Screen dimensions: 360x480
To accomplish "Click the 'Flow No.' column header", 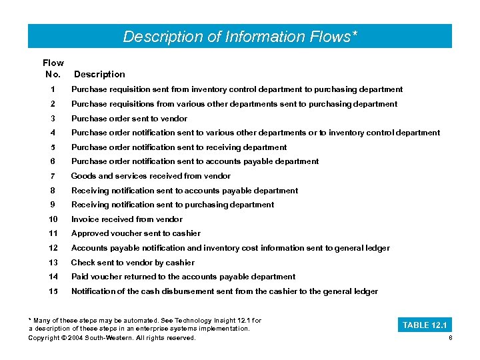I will coord(53,68).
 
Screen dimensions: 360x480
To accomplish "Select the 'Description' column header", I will coord(99,74).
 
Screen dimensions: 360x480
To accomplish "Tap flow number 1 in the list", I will coord(53,89).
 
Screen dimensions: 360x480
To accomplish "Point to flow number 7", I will coord(53,176).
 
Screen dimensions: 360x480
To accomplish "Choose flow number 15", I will coord(53,291).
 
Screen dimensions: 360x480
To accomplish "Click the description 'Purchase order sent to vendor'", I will coord(129,119).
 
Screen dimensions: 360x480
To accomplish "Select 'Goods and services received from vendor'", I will coord(151,176).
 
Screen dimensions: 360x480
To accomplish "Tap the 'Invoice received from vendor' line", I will coord(127,219).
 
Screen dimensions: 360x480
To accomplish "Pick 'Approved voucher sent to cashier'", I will coord(135,233).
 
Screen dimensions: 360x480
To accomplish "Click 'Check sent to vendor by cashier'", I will coord(133,263).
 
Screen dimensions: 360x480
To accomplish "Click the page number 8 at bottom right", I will coord(451,338).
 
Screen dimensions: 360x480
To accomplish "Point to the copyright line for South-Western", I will coord(112,338).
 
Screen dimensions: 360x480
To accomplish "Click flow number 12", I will coord(53,248).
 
